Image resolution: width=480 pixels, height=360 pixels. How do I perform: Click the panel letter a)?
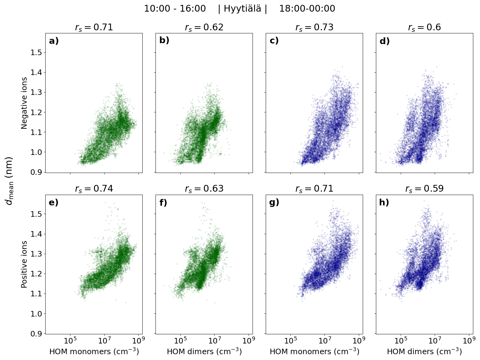click(x=54, y=41)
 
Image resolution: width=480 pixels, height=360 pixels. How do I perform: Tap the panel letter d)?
click(x=384, y=41)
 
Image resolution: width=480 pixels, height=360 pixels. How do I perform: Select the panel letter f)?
click(x=163, y=203)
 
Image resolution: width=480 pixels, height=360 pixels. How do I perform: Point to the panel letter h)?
click(x=384, y=203)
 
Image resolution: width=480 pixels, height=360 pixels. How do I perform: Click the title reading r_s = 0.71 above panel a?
click(x=94, y=28)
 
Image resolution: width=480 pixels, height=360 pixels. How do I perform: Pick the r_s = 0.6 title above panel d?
click(x=424, y=28)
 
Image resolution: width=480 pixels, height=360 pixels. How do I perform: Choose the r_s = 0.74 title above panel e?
click(x=94, y=189)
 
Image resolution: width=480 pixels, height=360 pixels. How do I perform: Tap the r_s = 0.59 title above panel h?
click(x=424, y=189)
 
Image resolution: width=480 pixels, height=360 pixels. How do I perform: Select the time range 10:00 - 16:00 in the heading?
click(x=175, y=9)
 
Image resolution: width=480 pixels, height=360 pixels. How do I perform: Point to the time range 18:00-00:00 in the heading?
click(x=307, y=9)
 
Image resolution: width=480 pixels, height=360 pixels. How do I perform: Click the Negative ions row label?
click(x=24, y=103)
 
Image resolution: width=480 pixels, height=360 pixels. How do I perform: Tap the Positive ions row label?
click(x=24, y=264)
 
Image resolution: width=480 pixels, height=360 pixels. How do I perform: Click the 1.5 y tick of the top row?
click(x=37, y=53)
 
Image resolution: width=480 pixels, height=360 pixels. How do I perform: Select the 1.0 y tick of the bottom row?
click(x=37, y=314)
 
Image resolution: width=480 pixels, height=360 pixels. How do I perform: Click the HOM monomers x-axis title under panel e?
click(x=94, y=352)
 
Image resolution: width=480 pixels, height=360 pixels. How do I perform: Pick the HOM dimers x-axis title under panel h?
click(x=424, y=352)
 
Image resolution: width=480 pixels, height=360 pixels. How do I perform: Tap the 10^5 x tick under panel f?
click(x=180, y=340)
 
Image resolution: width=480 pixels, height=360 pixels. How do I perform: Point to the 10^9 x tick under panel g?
click(x=359, y=340)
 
